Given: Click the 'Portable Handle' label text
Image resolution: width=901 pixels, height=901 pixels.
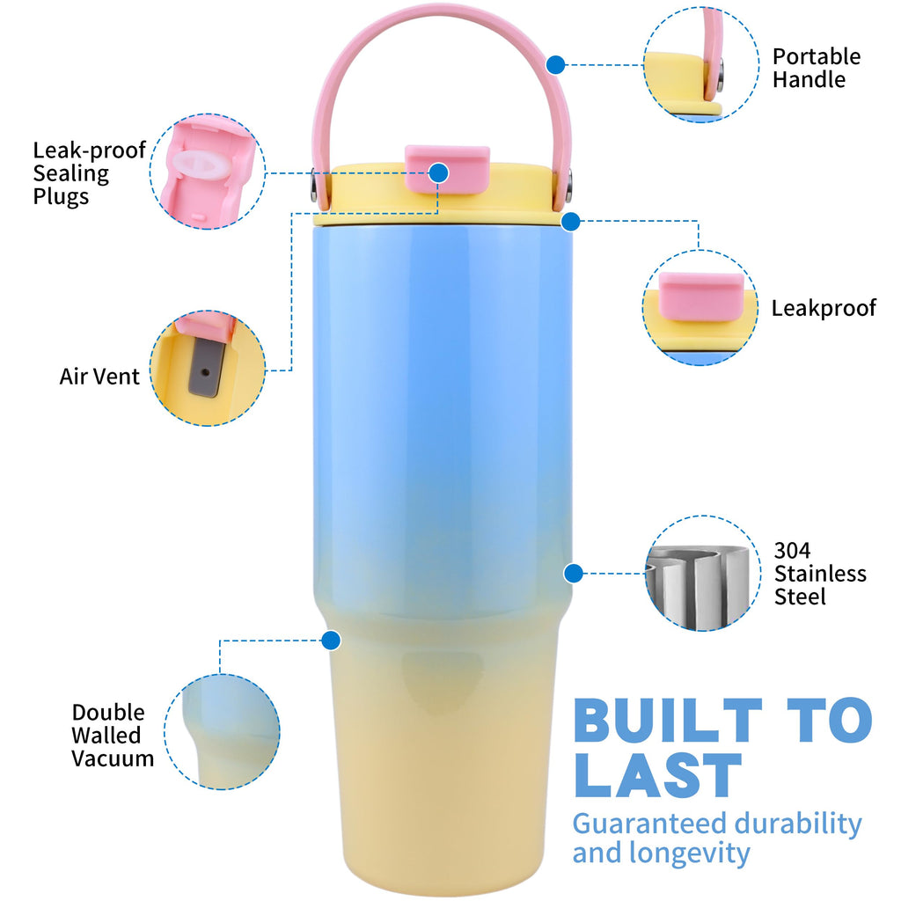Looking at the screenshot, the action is [816, 68].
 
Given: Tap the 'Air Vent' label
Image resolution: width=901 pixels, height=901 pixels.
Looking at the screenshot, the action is [99, 377].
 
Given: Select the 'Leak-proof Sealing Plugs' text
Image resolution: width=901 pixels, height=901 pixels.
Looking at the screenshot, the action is [89, 173].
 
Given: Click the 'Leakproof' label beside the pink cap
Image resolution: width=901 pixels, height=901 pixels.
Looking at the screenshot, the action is [824, 308].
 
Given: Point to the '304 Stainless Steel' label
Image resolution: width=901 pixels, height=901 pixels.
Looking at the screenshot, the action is [820, 573].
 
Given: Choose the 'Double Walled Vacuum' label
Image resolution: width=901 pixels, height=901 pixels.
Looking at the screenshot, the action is [113, 735].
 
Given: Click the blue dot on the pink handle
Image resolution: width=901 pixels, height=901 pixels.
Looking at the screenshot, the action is [556, 65].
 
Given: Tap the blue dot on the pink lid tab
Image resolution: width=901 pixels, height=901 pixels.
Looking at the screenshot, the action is [439, 173].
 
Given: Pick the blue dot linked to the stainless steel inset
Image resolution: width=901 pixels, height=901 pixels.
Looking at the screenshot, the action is [574, 573].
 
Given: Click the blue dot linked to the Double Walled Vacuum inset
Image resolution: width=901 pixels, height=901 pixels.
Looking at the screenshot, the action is [331, 641].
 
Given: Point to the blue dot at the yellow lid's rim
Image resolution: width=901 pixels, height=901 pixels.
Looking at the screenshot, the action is [570, 221].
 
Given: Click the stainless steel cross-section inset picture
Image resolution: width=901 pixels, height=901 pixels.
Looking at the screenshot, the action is [701, 574].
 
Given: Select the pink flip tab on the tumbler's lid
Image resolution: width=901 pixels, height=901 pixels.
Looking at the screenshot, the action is [448, 169].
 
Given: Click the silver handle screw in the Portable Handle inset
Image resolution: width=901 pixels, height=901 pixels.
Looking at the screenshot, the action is [720, 75].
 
